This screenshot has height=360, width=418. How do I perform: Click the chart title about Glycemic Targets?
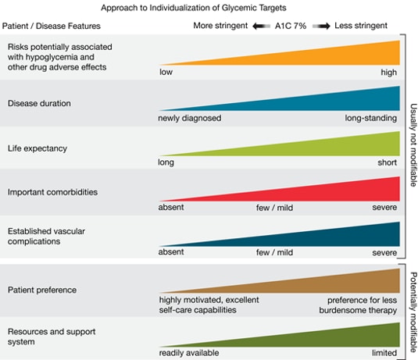(x=205, y=8)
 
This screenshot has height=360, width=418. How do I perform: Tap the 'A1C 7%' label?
(x=291, y=25)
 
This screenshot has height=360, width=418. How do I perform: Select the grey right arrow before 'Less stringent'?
(x=320, y=25)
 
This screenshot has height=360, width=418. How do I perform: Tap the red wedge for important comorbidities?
(x=344, y=191)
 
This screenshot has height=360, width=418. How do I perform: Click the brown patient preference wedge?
(x=344, y=282)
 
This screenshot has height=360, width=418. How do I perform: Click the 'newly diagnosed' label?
(x=190, y=118)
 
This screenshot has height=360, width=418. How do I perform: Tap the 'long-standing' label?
(x=371, y=118)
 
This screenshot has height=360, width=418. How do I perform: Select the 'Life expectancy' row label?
(x=37, y=148)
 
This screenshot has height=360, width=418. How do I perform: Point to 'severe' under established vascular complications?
(x=384, y=253)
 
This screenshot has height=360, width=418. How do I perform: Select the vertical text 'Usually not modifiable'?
(x=412, y=144)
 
